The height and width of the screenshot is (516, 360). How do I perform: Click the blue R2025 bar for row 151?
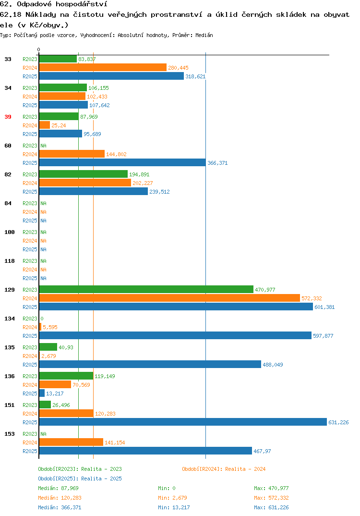point(183,422)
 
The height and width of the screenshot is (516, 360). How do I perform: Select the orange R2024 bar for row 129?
point(169,298)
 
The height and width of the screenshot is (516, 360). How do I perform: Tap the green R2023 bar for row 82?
point(84,174)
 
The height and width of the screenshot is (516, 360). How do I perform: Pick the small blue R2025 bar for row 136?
point(42,393)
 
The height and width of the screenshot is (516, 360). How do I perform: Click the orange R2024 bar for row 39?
point(45,125)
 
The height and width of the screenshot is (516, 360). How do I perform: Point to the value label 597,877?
point(323,336)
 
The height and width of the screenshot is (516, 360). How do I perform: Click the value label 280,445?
point(178,68)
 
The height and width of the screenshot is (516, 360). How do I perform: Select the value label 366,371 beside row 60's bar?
point(217,163)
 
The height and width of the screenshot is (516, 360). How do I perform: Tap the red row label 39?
point(8,117)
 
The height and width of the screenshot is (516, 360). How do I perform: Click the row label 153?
point(10,434)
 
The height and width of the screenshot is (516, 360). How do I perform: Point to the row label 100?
point(10,232)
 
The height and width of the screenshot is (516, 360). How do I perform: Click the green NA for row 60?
point(43,146)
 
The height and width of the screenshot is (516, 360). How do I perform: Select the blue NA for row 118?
point(43,278)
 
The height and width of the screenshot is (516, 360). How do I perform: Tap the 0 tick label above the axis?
point(39,49)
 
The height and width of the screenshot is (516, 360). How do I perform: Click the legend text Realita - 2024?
point(245,469)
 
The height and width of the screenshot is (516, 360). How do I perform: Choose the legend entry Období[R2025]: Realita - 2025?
point(80,479)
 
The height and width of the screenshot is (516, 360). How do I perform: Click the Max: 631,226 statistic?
point(271,507)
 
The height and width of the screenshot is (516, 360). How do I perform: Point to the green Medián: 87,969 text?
point(58,488)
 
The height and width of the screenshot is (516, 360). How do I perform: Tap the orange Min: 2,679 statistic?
point(172,498)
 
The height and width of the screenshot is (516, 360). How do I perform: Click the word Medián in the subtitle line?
point(204,35)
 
